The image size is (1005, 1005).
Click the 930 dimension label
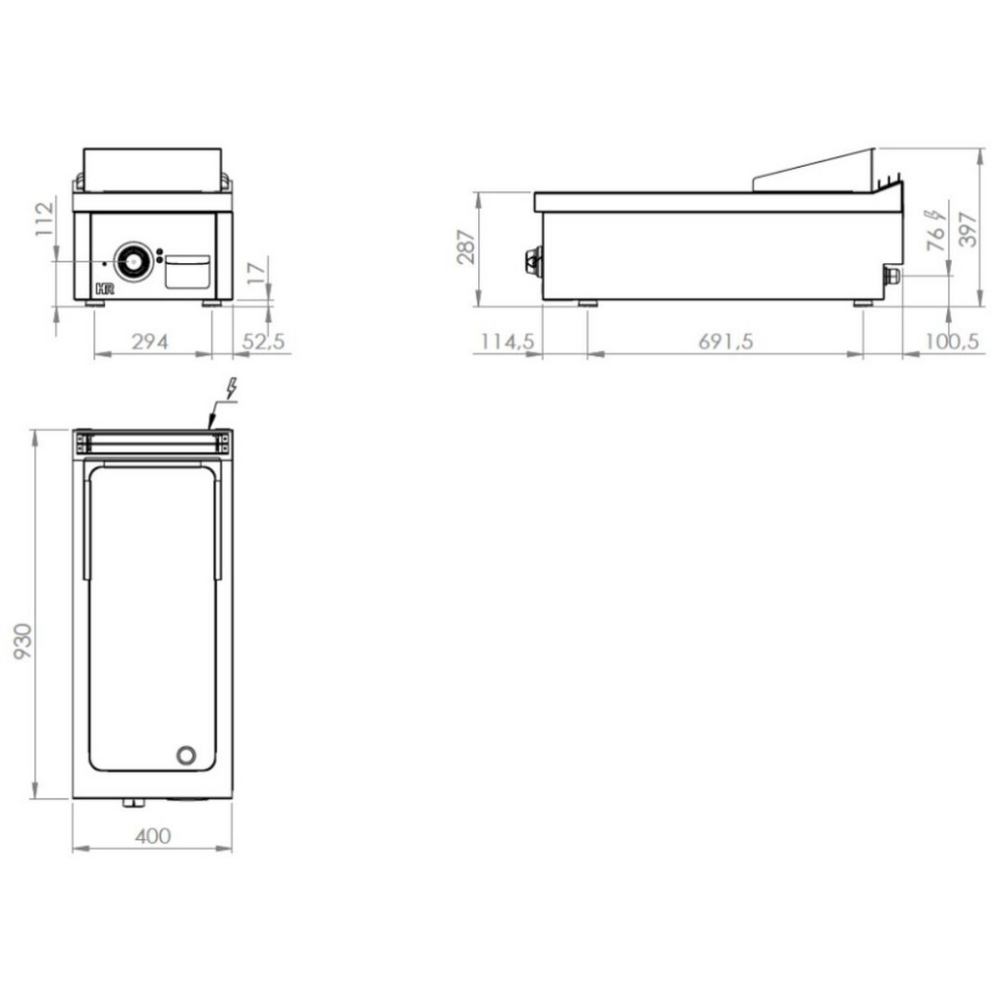point(23,641)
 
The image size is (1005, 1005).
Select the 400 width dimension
point(153,836)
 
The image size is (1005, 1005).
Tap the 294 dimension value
point(150,342)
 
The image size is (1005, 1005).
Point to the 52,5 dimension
point(263,342)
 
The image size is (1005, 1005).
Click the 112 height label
point(44,219)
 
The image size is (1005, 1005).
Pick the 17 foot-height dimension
point(256,273)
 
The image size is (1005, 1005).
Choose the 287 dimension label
point(466,246)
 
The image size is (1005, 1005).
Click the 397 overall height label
point(968,229)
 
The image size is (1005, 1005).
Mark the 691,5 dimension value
point(725,342)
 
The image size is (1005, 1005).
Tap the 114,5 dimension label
point(507,342)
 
